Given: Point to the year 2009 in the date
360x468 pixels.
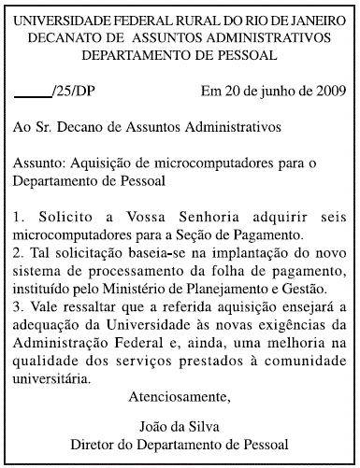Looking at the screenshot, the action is pos(327,92).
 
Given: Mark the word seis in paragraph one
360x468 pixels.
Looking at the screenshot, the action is pos(333,216).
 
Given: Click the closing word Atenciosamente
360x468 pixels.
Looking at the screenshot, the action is pos(180,398).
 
